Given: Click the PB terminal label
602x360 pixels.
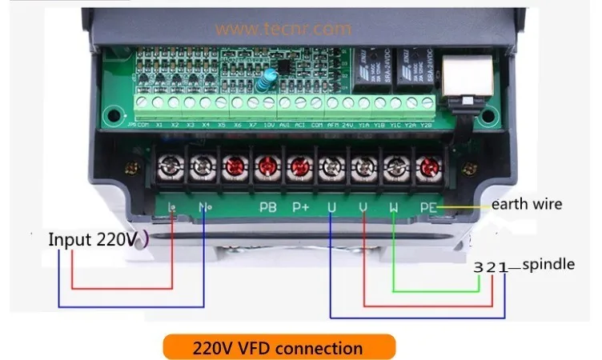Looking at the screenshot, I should (268, 207).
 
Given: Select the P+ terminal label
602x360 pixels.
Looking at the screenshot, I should (300, 207).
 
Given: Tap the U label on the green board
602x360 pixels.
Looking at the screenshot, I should (332, 207).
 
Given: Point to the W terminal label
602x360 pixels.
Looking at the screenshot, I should (395, 207).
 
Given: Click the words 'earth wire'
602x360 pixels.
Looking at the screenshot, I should (526, 204).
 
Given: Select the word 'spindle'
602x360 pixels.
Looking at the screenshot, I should (548, 265).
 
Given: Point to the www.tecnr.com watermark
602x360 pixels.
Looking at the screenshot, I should (283, 29).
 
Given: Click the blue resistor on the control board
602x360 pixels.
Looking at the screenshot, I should (271, 76).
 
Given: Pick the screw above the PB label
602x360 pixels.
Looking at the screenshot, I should (266, 166).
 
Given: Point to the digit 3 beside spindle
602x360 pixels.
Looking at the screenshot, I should (478, 267).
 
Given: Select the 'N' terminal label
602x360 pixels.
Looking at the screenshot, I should (203, 207).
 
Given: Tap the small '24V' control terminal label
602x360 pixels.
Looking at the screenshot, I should (348, 125).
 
